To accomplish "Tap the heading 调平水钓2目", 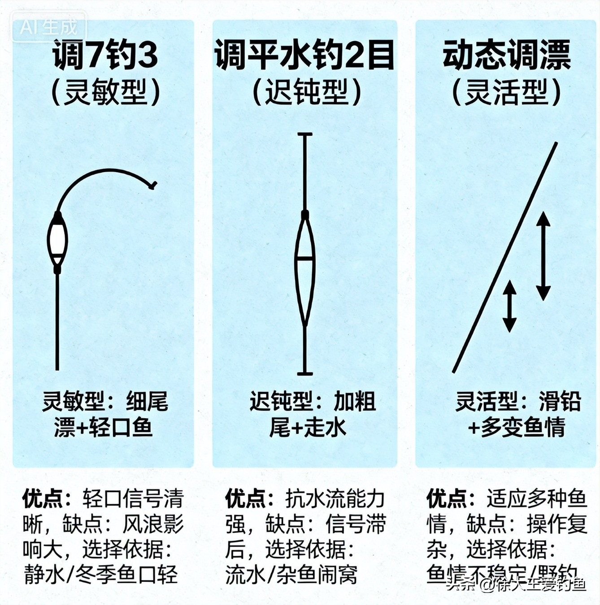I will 304,55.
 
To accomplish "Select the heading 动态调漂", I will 506,55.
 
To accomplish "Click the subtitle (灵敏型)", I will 105,93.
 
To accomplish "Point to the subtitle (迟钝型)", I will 307,93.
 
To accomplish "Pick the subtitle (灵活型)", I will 506,93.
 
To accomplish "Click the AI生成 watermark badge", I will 49,27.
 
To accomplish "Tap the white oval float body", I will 57,240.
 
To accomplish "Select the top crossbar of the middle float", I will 305,134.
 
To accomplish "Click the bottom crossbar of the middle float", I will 305,373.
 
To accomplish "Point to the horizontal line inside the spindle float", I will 305,259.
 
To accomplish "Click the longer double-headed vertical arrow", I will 543,256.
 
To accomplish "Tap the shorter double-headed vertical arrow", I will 509,306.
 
